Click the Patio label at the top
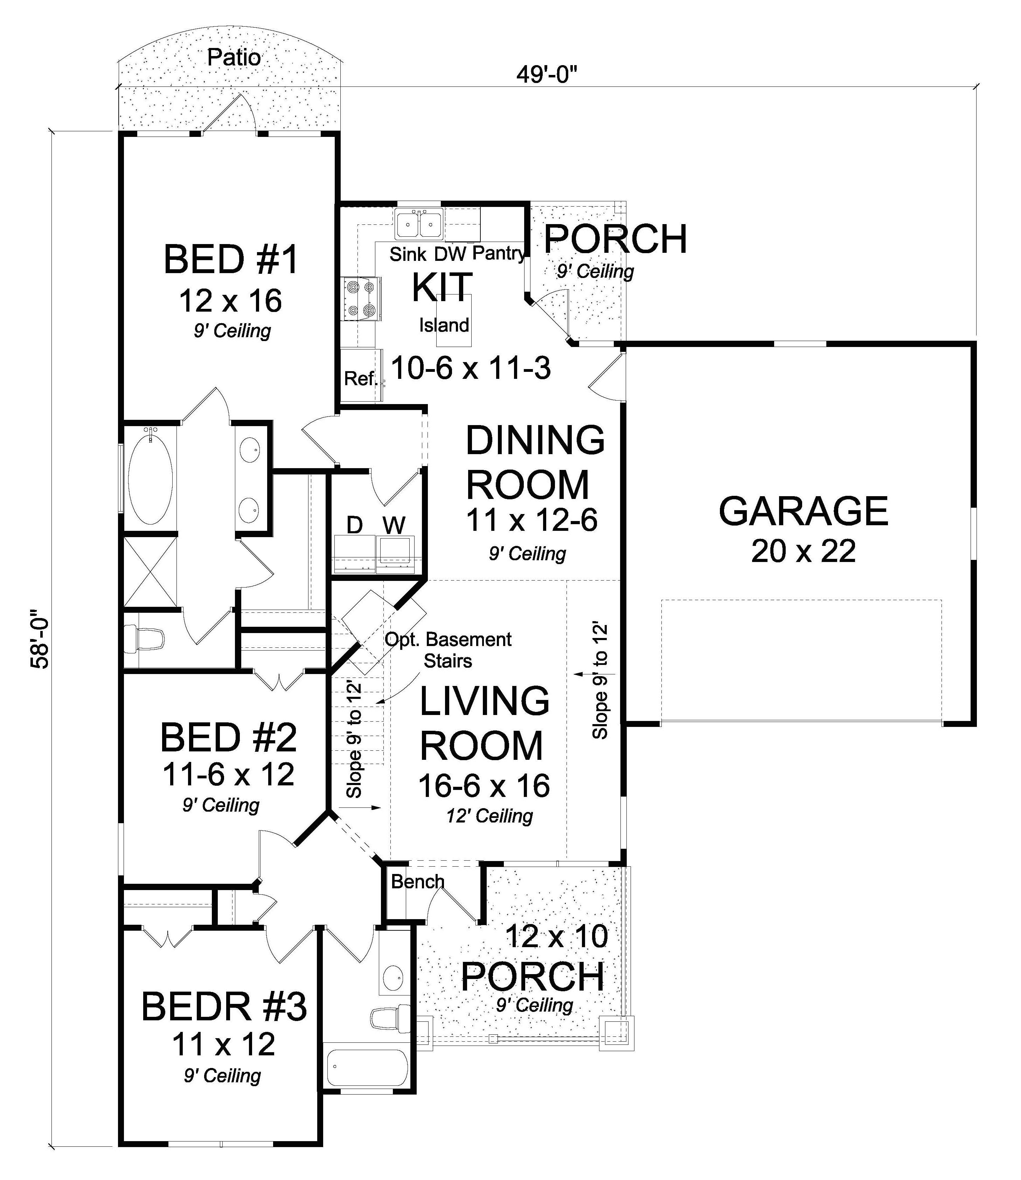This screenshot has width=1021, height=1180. (234, 57)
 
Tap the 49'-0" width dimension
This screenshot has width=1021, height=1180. (547, 75)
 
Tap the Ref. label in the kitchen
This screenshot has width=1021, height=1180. (361, 378)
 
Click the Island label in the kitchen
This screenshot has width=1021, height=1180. (444, 325)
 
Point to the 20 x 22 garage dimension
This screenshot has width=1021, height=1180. (803, 551)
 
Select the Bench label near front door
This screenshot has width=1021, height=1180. (418, 882)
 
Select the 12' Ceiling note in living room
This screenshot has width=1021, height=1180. (489, 817)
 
